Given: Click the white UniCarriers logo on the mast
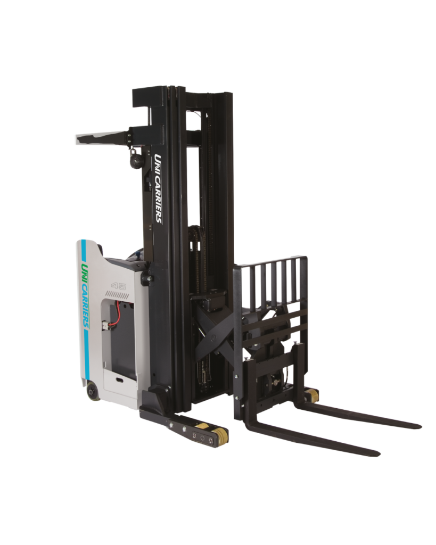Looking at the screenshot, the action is coord(158,189).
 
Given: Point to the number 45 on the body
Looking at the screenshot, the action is coord(118,286).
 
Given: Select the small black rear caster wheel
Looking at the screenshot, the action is coord(93,392).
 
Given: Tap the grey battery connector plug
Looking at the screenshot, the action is coord(105,326).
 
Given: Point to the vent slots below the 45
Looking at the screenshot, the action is coord(117,295).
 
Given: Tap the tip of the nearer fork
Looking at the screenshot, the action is coord(379,453).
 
